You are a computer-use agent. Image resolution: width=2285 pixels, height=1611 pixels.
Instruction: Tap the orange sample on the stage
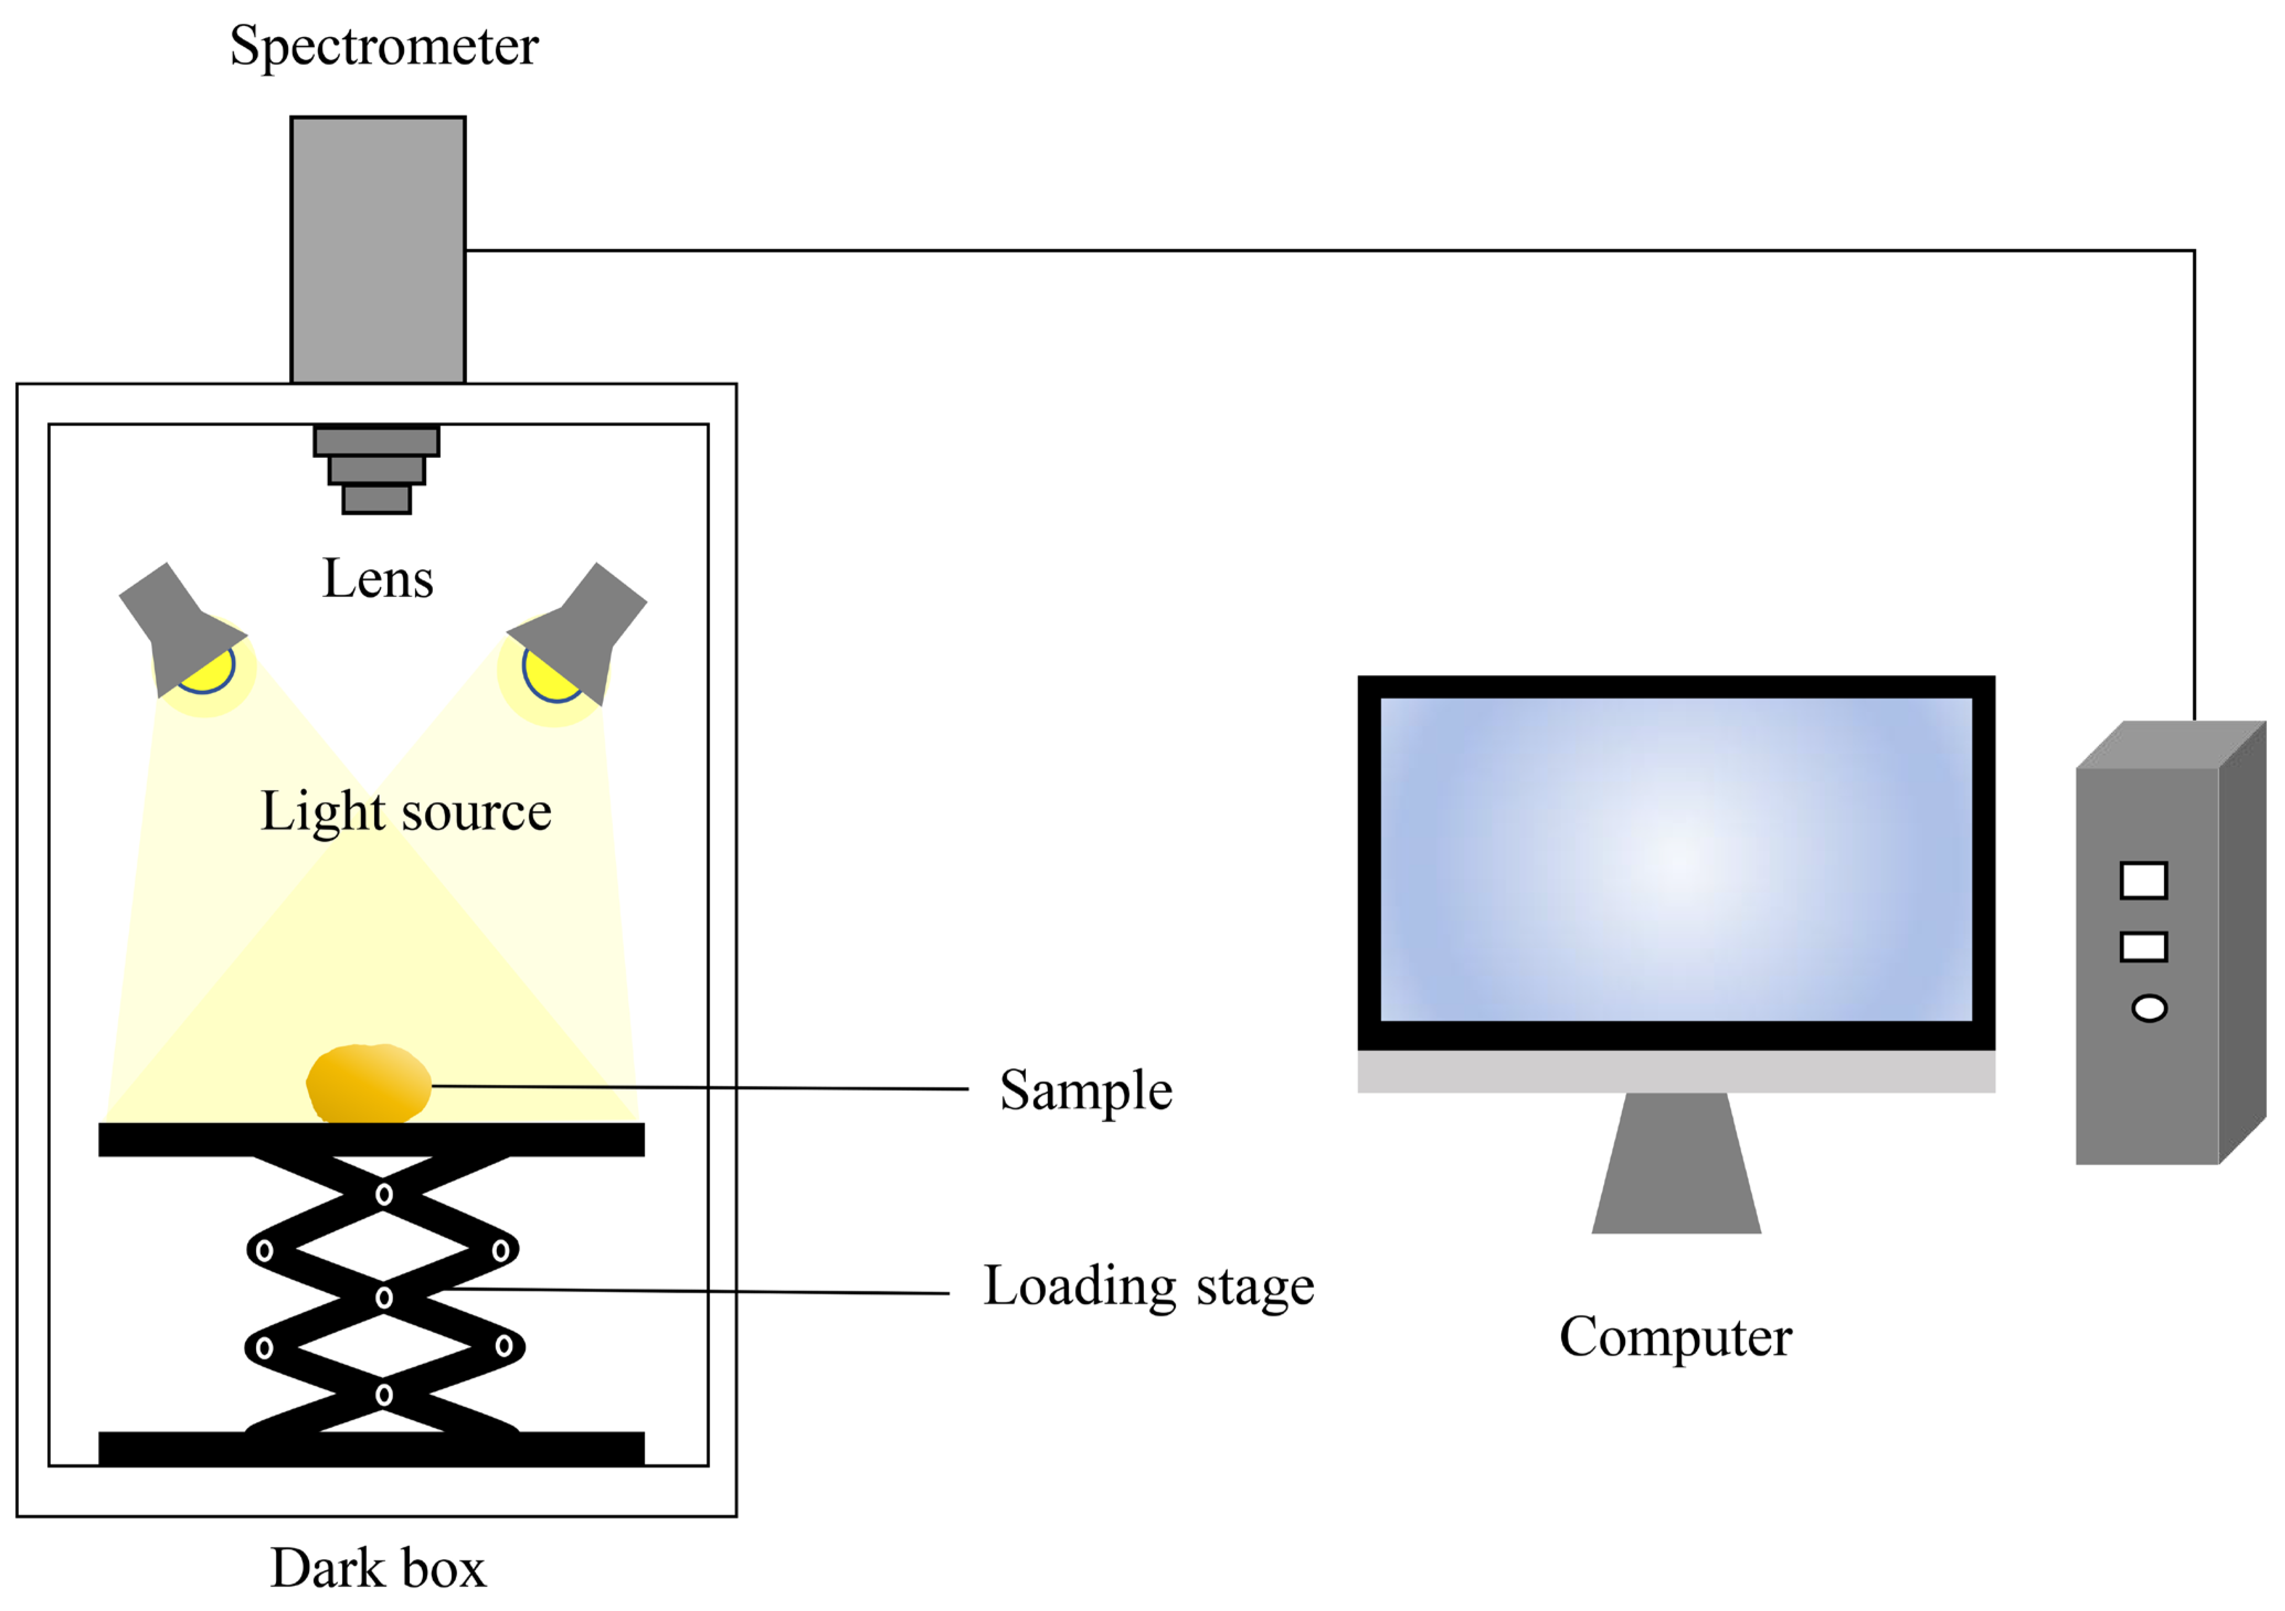coord(368,1083)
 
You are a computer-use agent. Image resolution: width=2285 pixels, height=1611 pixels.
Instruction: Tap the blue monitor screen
coord(1676,859)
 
